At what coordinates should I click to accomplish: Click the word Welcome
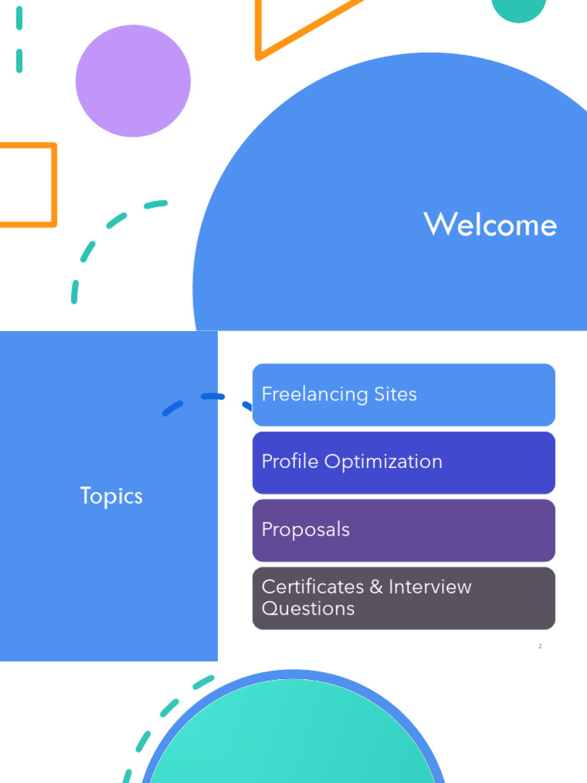tap(490, 225)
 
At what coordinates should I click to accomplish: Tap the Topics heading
tap(112, 496)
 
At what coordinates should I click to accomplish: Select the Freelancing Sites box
tap(404, 395)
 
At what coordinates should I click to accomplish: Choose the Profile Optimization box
tap(404, 462)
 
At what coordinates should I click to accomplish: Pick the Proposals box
tap(404, 530)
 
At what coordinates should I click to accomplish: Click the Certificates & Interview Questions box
tap(404, 598)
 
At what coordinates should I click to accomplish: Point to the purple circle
tap(133, 81)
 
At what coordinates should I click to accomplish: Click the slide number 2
tap(540, 647)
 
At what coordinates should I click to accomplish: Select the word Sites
tap(395, 395)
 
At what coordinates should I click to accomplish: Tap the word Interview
tap(430, 587)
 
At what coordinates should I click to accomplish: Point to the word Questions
tap(308, 609)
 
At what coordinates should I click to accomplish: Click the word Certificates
tap(313, 587)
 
